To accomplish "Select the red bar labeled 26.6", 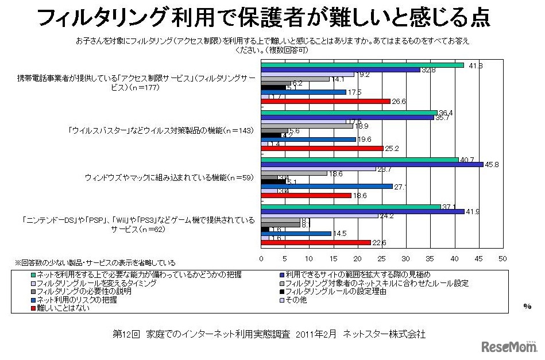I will click(326, 102).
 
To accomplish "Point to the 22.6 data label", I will click(379, 242).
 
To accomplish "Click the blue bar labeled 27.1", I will click(327, 186).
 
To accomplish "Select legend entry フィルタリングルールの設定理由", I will click(334, 291).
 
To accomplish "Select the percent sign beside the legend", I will click(527, 306).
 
